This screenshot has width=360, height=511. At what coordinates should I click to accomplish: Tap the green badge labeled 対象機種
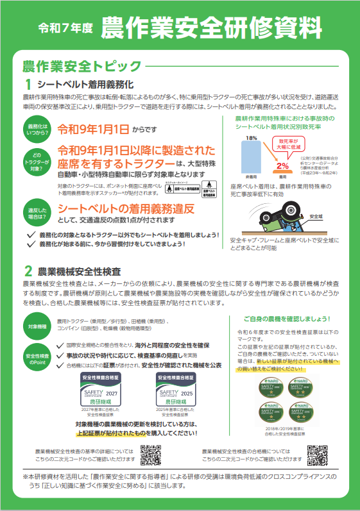coord(37,327)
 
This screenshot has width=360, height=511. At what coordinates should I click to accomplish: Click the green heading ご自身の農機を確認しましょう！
coord(287,318)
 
